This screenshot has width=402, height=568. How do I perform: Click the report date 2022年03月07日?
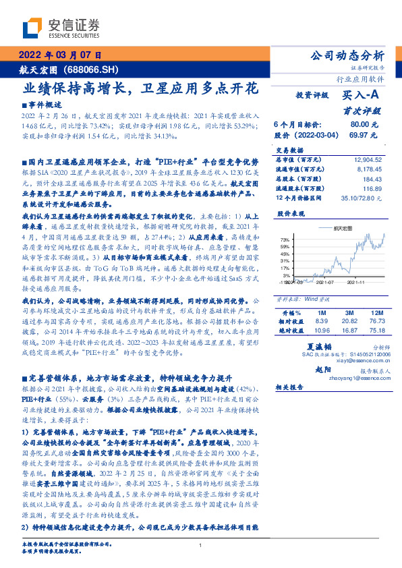coord(60,55)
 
